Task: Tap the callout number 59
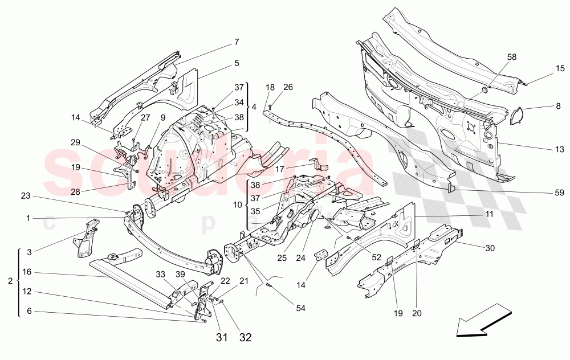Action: (x=560, y=193)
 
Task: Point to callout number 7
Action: (x=235, y=42)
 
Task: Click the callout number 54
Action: (x=300, y=308)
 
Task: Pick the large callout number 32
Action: (x=245, y=337)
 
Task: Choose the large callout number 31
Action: (x=222, y=337)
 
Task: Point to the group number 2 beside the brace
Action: (x=10, y=281)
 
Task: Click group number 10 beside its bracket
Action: (x=238, y=203)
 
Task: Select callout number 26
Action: (x=288, y=87)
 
